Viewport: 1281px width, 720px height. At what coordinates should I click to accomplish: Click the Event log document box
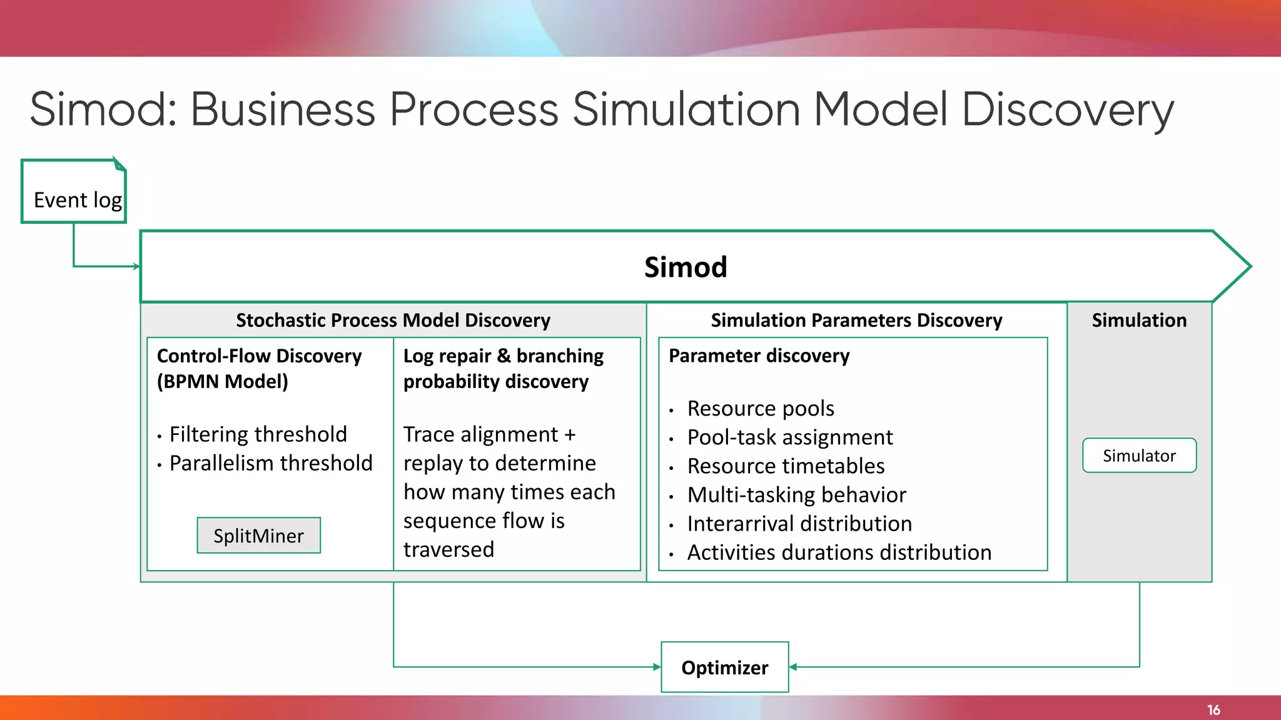(74, 192)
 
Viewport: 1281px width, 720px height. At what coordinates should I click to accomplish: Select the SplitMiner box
(258, 536)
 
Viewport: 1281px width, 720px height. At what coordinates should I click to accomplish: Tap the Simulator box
(1139, 456)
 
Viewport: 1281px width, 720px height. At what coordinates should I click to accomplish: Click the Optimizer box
(725, 667)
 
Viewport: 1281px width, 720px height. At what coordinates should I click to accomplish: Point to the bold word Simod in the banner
(686, 267)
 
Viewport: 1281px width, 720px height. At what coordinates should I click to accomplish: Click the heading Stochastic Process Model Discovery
(393, 321)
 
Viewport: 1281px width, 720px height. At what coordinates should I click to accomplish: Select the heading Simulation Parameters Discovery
(856, 321)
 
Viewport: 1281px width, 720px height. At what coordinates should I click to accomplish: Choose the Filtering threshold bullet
(258, 434)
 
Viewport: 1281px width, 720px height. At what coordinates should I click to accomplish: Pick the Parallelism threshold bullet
(271, 463)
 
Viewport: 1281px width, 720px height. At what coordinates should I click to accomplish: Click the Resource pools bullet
(761, 409)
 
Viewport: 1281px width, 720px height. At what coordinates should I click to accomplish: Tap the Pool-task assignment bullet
(790, 437)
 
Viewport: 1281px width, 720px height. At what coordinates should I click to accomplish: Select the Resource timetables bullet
(786, 466)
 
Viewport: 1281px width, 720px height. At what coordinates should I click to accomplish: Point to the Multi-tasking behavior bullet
(796, 495)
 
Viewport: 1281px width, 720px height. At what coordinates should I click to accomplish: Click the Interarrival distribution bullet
(799, 524)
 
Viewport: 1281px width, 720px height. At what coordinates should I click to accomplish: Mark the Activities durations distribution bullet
(839, 552)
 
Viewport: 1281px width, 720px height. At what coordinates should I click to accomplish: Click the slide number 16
(1213, 710)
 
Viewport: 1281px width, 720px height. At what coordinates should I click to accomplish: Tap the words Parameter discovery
(759, 356)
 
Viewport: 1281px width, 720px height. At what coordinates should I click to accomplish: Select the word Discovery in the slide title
(1067, 110)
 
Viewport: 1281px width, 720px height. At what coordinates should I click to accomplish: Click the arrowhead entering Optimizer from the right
(793, 667)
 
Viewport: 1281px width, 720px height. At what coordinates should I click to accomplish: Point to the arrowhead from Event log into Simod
(136, 267)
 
